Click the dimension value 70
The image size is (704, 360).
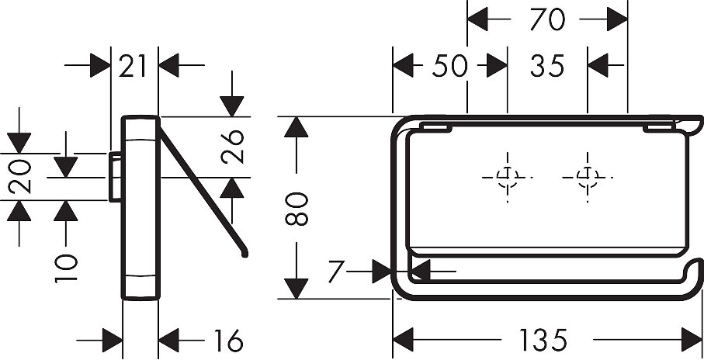click(x=547, y=19)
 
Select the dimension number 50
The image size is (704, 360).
click(x=450, y=66)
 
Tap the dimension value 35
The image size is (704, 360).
click(x=547, y=66)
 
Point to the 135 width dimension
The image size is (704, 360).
click(x=543, y=341)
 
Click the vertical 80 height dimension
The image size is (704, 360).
click(x=297, y=209)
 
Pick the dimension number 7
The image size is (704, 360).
click(x=336, y=271)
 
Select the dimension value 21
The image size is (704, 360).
click(x=133, y=66)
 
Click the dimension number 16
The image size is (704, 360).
click(x=228, y=341)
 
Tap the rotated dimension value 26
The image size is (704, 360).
click(x=232, y=147)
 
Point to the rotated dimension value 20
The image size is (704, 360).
click(x=20, y=176)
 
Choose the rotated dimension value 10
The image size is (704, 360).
click(x=66, y=268)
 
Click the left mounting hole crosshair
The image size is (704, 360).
click(x=508, y=178)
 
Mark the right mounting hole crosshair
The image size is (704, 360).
click(x=588, y=178)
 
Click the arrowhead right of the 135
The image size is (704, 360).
click(x=692, y=340)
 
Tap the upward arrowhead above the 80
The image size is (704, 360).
click(x=297, y=127)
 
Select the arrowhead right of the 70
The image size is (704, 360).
click(x=617, y=19)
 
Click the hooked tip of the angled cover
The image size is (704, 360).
click(x=244, y=254)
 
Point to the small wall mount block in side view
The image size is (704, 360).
click(x=115, y=177)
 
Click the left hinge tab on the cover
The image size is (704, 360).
click(x=437, y=129)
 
